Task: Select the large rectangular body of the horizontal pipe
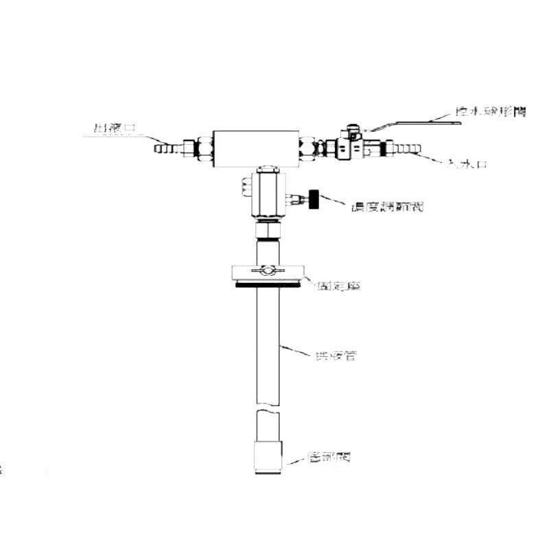click(255, 148)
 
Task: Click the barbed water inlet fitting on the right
click(406, 148)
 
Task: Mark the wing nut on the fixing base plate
click(268, 272)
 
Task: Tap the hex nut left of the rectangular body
click(203, 147)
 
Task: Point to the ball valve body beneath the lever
click(350, 147)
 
